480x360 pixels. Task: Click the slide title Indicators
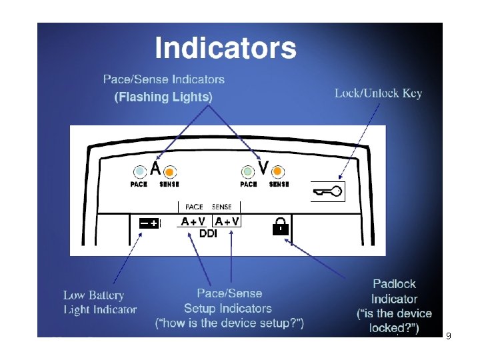coord(225,49)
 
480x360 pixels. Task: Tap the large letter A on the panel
coord(155,169)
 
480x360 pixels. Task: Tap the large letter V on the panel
coord(263,169)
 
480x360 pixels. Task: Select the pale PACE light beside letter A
coord(139,171)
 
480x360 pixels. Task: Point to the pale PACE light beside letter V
coord(248,171)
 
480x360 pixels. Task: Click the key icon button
coord(329,193)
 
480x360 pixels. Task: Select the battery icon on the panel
coord(149,223)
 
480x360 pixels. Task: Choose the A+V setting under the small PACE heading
coord(193,221)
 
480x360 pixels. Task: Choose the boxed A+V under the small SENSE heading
coord(226,221)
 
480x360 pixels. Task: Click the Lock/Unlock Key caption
coord(378,93)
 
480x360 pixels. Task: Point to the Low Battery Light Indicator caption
coord(99,302)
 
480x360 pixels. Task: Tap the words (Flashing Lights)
coord(163,97)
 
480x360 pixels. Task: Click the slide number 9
coord(448,336)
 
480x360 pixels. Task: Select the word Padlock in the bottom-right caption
coord(394,284)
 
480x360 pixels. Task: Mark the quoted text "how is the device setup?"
coord(229,324)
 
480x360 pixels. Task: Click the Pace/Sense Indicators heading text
coord(163,79)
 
